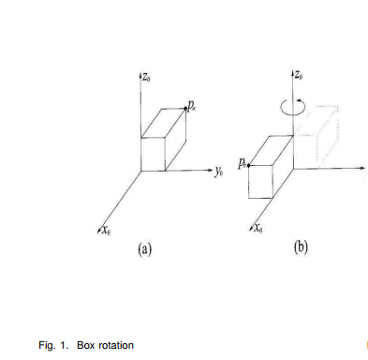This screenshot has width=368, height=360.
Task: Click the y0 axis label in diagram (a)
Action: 218,172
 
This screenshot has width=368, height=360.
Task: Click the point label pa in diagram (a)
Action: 192,109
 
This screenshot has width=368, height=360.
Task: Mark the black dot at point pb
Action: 249,164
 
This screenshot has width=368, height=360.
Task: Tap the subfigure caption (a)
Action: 144,250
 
